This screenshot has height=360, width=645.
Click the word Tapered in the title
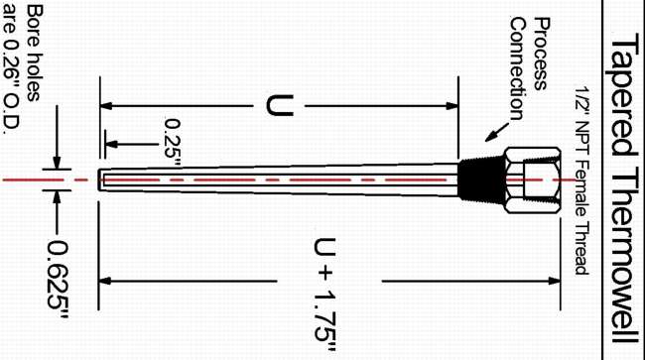621,97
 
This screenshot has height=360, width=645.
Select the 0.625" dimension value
58,280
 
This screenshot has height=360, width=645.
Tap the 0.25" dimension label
173,143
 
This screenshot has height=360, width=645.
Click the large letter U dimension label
280,105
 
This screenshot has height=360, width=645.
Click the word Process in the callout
542,54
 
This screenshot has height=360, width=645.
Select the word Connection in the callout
518,68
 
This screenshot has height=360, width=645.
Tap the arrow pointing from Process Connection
497,132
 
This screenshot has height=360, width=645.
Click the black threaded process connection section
481,180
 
